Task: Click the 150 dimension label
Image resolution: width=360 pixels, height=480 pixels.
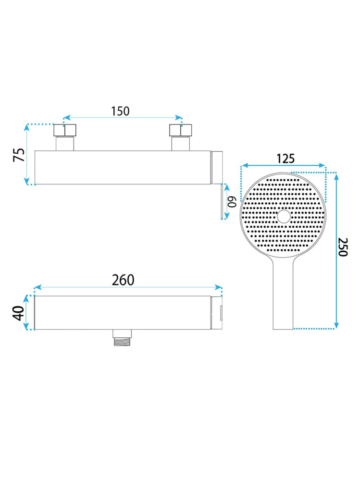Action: pyautogui.click(x=120, y=111)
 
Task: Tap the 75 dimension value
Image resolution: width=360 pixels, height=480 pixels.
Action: pyautogui.click(x=19, y=155)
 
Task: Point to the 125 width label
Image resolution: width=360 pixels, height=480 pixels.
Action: pyautogui.click(x=286, y=159)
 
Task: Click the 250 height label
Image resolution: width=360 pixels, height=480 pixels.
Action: pyautogui.click(x=343, y=247)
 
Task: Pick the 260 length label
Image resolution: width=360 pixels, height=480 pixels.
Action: pyautogui.click(x=123, y=280)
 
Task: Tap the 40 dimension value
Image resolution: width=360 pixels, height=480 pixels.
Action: pyautogui.click(x=19, y=313)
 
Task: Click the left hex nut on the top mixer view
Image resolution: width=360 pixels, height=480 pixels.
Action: pyautogui.click(x=65, y=130)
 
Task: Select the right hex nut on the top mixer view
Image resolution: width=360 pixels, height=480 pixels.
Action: pyautogui.click(x=181, y=130)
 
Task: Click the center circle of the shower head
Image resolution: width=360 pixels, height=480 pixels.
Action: pyautogui.click(x=284, y=216)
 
